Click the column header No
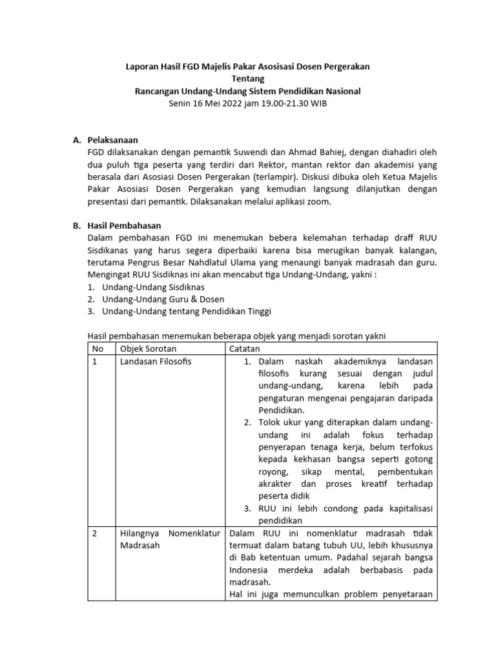pyautogui.click(x=98, y=348)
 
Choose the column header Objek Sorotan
pyautogui.click(x=149, y=348)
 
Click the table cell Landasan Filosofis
pyautogui.click(x=156, y=361)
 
